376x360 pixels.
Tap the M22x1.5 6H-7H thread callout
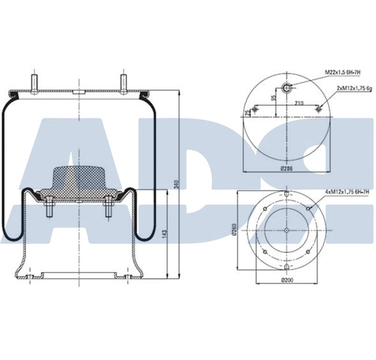(x=343, y=72)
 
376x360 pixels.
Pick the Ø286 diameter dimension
(x=286, y=168)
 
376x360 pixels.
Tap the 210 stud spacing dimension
(x=299, y=103)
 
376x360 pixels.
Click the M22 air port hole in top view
(x=287, y=87)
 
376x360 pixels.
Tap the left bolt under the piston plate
(x=49, y=209)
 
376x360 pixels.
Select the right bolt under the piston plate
(x=107, y=209)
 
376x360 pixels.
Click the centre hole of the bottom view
(x=287, y=231)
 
